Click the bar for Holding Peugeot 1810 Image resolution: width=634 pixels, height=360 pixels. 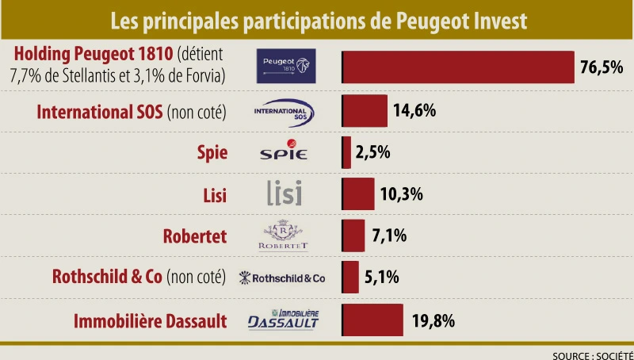[x=458, y=67]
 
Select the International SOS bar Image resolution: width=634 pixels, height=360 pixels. [x=365, y=111]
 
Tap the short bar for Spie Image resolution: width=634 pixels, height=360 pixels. [x=346, y=152]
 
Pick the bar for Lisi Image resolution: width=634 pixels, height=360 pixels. [x=358, y=193]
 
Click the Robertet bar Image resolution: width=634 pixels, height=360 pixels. [x=353, y=236]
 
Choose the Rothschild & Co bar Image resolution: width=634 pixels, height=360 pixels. [x=350, y=277]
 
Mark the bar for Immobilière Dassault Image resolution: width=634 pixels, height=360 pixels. [x=372, y=320]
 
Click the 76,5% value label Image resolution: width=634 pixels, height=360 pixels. [x=602, y=67]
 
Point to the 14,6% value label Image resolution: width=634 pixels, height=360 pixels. [x=414, y=111]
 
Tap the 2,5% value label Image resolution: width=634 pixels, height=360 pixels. [x=373, y=152]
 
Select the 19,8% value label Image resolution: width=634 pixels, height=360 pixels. [x=432, y=320]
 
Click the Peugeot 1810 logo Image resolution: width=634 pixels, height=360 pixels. [x=286, y=65]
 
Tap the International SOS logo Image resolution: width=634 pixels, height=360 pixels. [x=284, y=112]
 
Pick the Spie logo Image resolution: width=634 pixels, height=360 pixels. [x=283, y=153]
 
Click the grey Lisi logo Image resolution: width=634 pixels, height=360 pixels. [x=284, y=193]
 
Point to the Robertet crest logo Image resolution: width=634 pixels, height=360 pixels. [x=284, y=236]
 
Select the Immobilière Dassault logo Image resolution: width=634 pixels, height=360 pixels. [x=284, y=319]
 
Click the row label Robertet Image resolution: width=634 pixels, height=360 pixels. [x=195, y=236]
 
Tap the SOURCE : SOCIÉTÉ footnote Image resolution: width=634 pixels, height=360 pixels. [x=592, y=354]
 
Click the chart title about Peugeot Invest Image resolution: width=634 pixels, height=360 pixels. [x=317, y=18]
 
